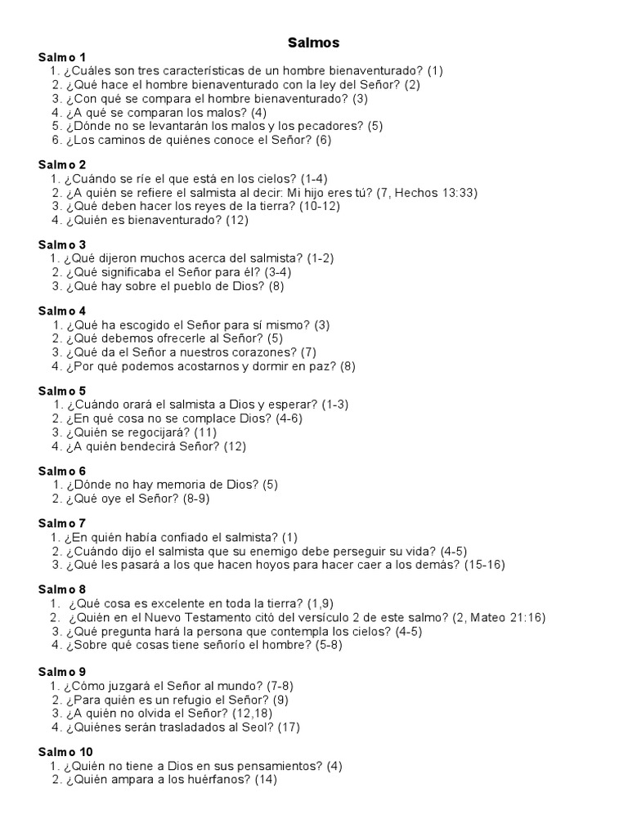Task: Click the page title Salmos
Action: pos(314,42)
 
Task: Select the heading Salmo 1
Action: pos(62,57)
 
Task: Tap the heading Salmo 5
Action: pos(62,391)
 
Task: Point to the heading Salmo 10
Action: pos(65,752)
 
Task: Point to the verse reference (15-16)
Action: pos(485,565)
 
